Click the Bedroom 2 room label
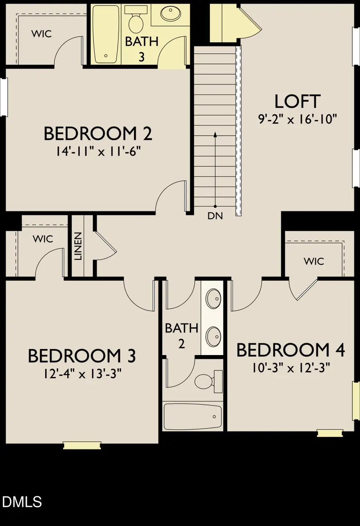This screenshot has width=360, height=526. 98,134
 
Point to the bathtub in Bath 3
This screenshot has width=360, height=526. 106,34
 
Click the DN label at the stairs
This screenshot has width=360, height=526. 215,216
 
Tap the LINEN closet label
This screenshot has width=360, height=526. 78,246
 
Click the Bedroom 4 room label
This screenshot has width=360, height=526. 290,350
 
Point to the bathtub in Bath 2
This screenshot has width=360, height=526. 193,416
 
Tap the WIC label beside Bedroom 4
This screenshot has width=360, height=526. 314,261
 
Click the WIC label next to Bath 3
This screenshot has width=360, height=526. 42,34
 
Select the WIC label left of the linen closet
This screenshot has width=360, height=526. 43,239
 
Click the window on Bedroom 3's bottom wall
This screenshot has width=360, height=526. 82,445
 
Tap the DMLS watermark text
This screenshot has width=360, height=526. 22,502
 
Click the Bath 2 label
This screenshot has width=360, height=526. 182,335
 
